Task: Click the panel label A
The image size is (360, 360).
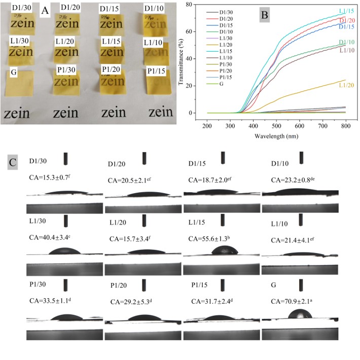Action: (45, 10)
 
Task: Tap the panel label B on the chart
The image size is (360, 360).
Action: (264, 15)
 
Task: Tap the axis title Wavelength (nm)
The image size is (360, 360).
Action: (276, 136)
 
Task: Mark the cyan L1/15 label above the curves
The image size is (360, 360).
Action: (347, 11)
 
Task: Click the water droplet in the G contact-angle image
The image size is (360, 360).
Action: (299, 314)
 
